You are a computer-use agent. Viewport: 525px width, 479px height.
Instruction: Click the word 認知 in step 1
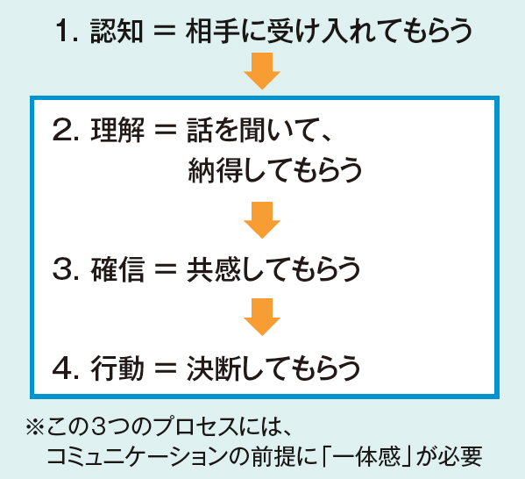117,31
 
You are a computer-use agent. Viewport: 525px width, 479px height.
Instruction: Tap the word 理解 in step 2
117,130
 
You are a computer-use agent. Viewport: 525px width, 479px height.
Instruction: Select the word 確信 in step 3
117,269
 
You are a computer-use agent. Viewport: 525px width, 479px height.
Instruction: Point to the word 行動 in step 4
117,368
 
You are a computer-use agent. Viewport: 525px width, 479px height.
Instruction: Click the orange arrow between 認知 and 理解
262,71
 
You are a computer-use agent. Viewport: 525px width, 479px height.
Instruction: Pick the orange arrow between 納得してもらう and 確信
262,220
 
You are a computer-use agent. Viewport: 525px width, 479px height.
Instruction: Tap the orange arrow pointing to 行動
262,317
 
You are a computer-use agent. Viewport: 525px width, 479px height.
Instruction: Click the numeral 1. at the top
67,32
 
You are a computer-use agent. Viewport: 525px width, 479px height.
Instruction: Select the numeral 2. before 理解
66,130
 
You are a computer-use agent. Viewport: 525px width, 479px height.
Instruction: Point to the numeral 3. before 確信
66,269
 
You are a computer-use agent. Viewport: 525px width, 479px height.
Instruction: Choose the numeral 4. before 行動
66,368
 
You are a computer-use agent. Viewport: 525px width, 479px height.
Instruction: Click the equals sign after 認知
165,32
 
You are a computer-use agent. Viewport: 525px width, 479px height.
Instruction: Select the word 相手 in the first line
212,31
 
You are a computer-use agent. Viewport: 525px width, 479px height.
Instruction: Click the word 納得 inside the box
215,169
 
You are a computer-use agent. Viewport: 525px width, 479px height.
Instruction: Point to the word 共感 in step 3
214,269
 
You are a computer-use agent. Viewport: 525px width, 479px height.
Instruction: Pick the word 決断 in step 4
214,368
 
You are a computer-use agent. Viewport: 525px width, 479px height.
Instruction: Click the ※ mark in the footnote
35,426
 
